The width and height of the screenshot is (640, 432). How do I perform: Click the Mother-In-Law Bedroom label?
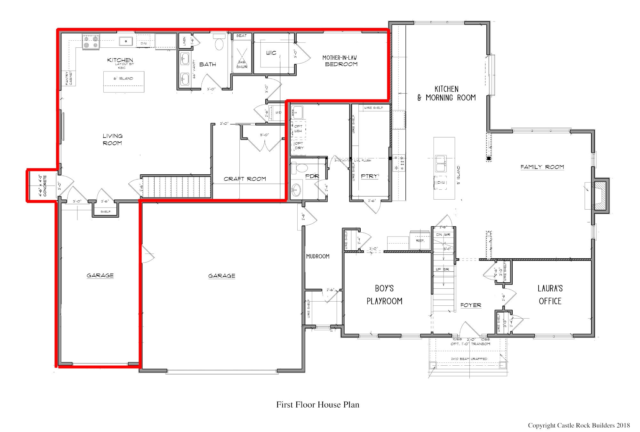click(x=340, y=61)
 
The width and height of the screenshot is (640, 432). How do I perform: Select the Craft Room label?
click(x=245, y=179)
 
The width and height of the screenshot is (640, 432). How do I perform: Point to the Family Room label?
click(x=542, y=167)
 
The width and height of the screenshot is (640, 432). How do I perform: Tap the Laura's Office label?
click(x=550, y=295)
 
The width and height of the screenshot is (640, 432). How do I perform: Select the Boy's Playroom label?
click(x=384, y=295)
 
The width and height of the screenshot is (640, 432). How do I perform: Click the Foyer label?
click(x=471, y=305)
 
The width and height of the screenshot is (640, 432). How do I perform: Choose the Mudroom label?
click(x=317, y=256)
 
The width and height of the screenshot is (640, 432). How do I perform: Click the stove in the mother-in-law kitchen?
click(x=91, y=42)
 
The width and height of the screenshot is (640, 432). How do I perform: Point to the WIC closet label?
click(x=271, y=53)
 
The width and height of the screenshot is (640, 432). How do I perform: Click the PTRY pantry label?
click(x=370, y=176)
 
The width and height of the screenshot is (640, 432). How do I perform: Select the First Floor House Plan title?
click(x=318, y=405)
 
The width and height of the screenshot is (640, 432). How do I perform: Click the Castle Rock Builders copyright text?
click(x=579, y=425)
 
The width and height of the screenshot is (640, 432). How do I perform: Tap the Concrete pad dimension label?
click(x=43, y=186)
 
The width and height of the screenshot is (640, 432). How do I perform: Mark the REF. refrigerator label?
click(x=420, y=240)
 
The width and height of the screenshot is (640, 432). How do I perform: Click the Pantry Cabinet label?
click(x=69, y=78)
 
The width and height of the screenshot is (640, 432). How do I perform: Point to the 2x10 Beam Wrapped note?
click(x=469, y=359)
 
